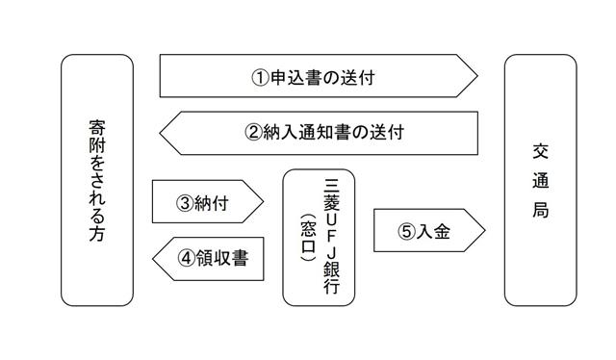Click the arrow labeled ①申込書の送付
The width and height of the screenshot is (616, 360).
[318, 76]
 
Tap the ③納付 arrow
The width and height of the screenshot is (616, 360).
[207, 202]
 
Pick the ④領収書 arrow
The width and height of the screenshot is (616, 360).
[207, 258]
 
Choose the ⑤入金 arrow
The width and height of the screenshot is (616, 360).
[428, 231]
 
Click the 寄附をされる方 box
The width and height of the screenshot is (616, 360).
[96, 180]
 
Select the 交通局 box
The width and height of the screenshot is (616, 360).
[540, 180]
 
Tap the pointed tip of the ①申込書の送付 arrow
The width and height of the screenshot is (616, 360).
[476, 76]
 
